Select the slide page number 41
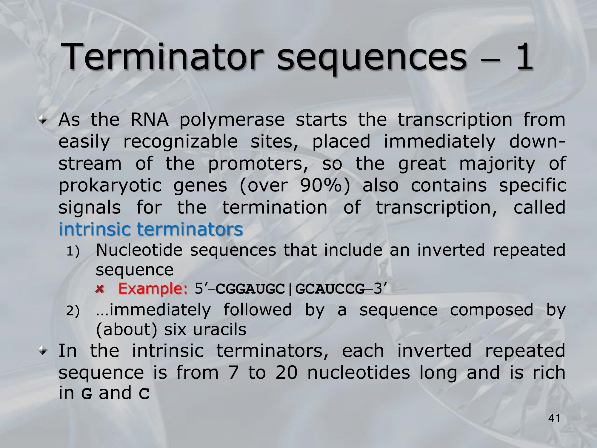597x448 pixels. click(x=554, y=419)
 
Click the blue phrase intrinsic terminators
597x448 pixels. click(x=151, y=229)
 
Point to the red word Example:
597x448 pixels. click(x=153, y=289)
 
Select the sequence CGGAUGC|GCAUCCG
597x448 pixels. click(x=290, y=289)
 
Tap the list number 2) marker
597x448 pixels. click(x=73, y=311)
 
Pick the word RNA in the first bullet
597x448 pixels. click(x=149, y=119)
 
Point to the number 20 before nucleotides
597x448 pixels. click(x=287, y=372)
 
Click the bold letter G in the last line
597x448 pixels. click(x=87, y=394)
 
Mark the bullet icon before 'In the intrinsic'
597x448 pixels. click(x=44, y=352)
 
